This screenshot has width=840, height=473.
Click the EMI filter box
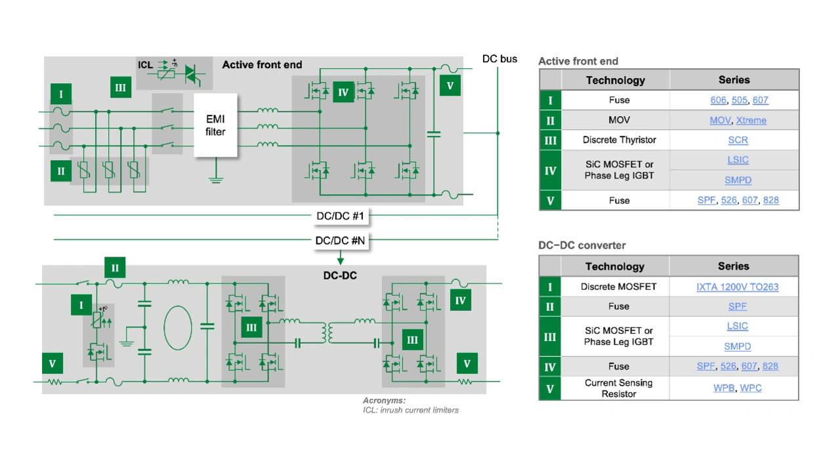215,125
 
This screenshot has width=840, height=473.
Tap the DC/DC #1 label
340,215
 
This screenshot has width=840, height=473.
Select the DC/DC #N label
340,240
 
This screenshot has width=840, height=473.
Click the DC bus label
499,59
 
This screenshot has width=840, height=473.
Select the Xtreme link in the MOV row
751,121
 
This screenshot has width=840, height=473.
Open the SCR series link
738,140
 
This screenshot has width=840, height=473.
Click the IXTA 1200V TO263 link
737,287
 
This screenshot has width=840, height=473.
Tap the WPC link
751,388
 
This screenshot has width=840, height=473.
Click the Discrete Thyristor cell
619,140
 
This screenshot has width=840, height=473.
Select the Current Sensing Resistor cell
618,388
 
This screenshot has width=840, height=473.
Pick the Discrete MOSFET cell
618,287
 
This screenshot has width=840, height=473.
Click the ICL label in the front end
145,65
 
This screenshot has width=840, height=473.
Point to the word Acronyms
384,400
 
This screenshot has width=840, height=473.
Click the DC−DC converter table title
582,245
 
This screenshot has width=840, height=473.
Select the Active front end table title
578,62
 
